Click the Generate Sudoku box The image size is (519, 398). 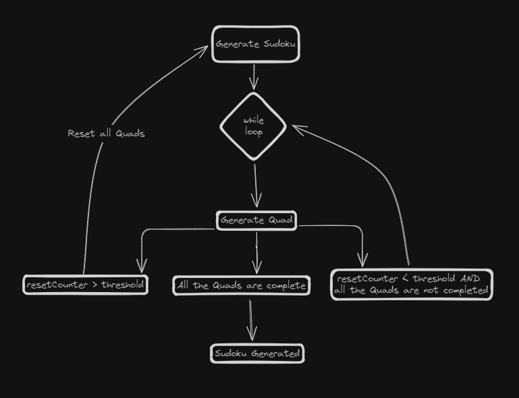[x=255, y=45]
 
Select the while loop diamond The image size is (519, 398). [x=254, y=126]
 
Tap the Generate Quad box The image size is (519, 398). [x=256, y=221]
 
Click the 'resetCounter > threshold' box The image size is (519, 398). [x=85, y=285]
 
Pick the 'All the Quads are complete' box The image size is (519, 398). [x=241, y=286]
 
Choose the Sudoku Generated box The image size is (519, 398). [x=257, y=353]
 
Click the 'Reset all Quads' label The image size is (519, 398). [x=106, y=134]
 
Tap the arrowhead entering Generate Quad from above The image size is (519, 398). [x=256, y=202]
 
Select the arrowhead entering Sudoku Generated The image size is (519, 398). [x=252, y=335]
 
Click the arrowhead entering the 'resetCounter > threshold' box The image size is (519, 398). [x=142, y=264]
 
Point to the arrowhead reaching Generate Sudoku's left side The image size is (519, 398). [x=204, y=49]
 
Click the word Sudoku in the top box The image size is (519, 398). [x=279, y=45]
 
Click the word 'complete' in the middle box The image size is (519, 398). [x=286, y=286]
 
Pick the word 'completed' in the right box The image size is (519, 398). [x=466, y=291]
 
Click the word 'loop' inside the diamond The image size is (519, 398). [x=254, y=132]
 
